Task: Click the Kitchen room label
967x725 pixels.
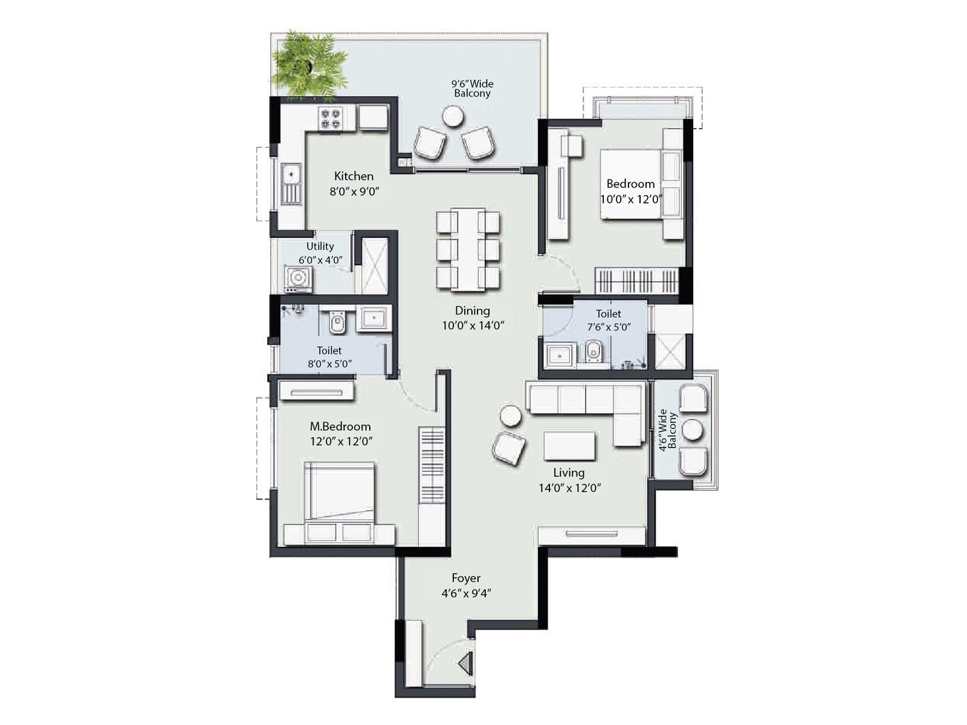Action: click(354, 176)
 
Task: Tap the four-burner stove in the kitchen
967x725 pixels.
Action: click(331, 118)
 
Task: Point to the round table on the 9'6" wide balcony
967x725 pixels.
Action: click(452, 116)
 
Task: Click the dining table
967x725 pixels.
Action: click(468, 249)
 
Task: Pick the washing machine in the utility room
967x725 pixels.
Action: click(298, 278)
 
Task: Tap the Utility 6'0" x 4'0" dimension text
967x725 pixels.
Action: click(320, 260)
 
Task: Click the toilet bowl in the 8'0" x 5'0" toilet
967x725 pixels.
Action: click(337, 323)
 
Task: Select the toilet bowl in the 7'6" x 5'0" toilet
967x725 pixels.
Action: click(593, 352)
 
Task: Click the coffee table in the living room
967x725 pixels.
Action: click(569, 446)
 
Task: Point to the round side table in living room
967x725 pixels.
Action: click(511, 416)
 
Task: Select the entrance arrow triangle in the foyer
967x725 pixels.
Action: click(465, 664)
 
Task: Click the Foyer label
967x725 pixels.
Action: click(466, 578)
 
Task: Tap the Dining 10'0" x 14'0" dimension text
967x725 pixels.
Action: click(473, 325)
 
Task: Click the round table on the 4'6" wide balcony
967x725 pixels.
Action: click(692, 430)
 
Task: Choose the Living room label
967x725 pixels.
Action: click(569, 472)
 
